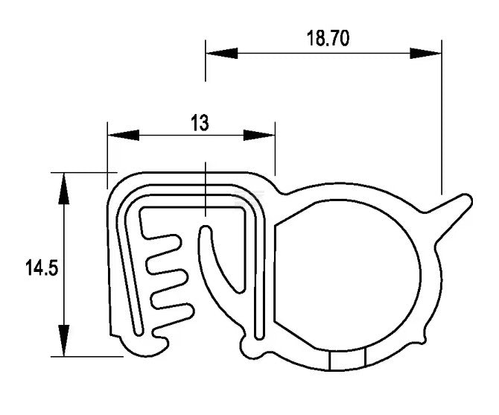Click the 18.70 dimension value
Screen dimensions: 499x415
(x=328, y=38)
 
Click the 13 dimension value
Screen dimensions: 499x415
(x=200, y=123)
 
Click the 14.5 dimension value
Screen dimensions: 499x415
(x=42, y=267)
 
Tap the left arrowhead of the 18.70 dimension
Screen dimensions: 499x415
(x=221, y=53)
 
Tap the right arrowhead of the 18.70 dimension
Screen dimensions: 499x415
(x=426, y=53)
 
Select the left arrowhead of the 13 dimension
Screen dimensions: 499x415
(x=124, y=135)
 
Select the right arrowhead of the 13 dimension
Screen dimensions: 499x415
(x=259, y=135)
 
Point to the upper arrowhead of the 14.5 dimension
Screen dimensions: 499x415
(x=63, y=189)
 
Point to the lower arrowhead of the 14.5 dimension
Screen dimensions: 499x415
(x=63, y=340)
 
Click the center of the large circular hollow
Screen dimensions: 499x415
(x=347, y=275)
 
